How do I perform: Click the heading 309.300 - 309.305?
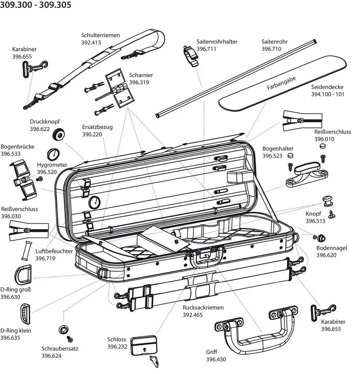[36, 5]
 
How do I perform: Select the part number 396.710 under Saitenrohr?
[272, 49]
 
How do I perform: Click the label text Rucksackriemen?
[203, 308]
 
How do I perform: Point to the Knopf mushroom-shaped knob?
[328, 199]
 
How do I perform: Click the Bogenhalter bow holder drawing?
[306, 175]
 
